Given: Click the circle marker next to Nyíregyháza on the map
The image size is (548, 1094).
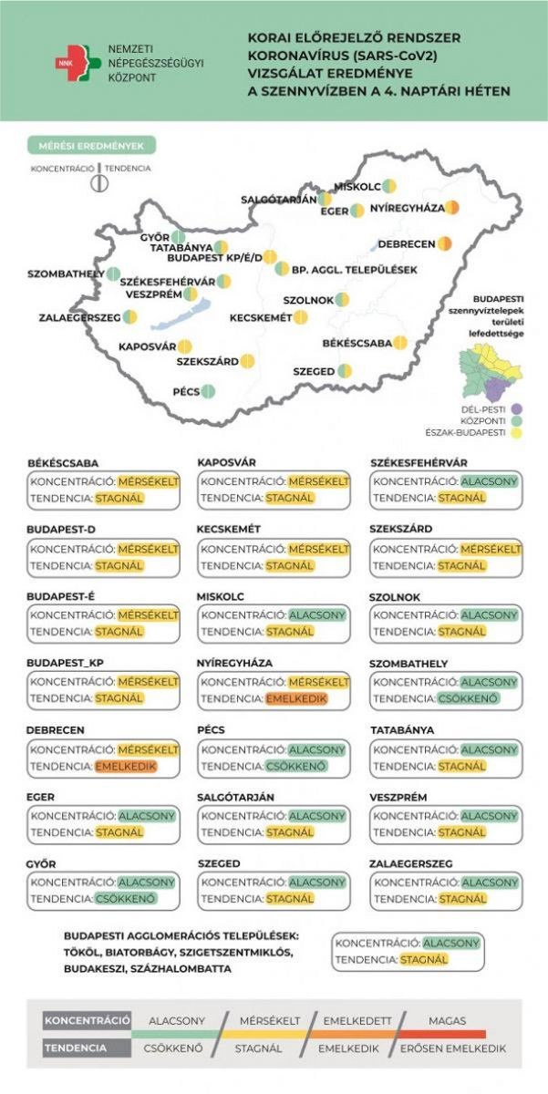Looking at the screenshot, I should [x=452, y=208].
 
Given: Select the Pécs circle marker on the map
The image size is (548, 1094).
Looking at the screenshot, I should [x=208, y=392].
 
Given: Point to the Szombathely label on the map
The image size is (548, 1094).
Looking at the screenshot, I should [x=63, y=273].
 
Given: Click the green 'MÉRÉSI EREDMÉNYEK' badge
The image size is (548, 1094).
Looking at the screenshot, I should [x=91, y=146].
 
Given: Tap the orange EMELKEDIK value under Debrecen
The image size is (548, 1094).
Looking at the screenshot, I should [x=125, y=768].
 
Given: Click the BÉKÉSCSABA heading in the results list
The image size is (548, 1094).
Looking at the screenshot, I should [x=63, y=462].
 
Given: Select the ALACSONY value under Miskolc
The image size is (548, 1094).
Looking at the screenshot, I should [x=317, y=614].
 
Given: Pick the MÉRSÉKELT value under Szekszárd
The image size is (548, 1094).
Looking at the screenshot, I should [x=491, y=549].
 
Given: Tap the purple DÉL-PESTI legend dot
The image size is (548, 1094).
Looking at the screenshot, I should [x=515, y=408].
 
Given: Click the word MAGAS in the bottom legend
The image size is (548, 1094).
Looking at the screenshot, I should [x=447, y=1020].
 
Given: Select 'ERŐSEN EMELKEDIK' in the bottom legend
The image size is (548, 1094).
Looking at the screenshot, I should [x=453, y=1048].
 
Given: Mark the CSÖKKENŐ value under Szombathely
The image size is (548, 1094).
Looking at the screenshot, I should [x=468, y=700].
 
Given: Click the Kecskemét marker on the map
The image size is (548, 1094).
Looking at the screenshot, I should [x=301, y=317].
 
